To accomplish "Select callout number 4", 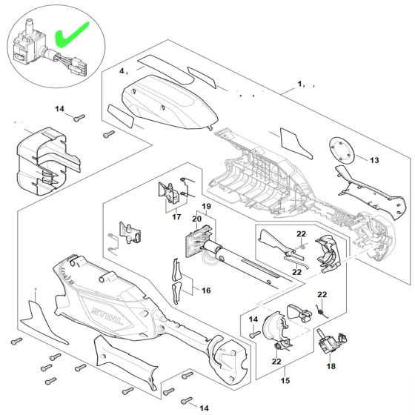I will click(x=124, y=71).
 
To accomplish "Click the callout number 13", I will click(x=373, y=160).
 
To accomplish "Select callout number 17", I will click(x=177, y=217).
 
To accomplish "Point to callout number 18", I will click(x=331, y=366).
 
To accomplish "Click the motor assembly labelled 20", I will click(x=215, y=252).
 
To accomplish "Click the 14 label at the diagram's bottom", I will click(x=205, y=408).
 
